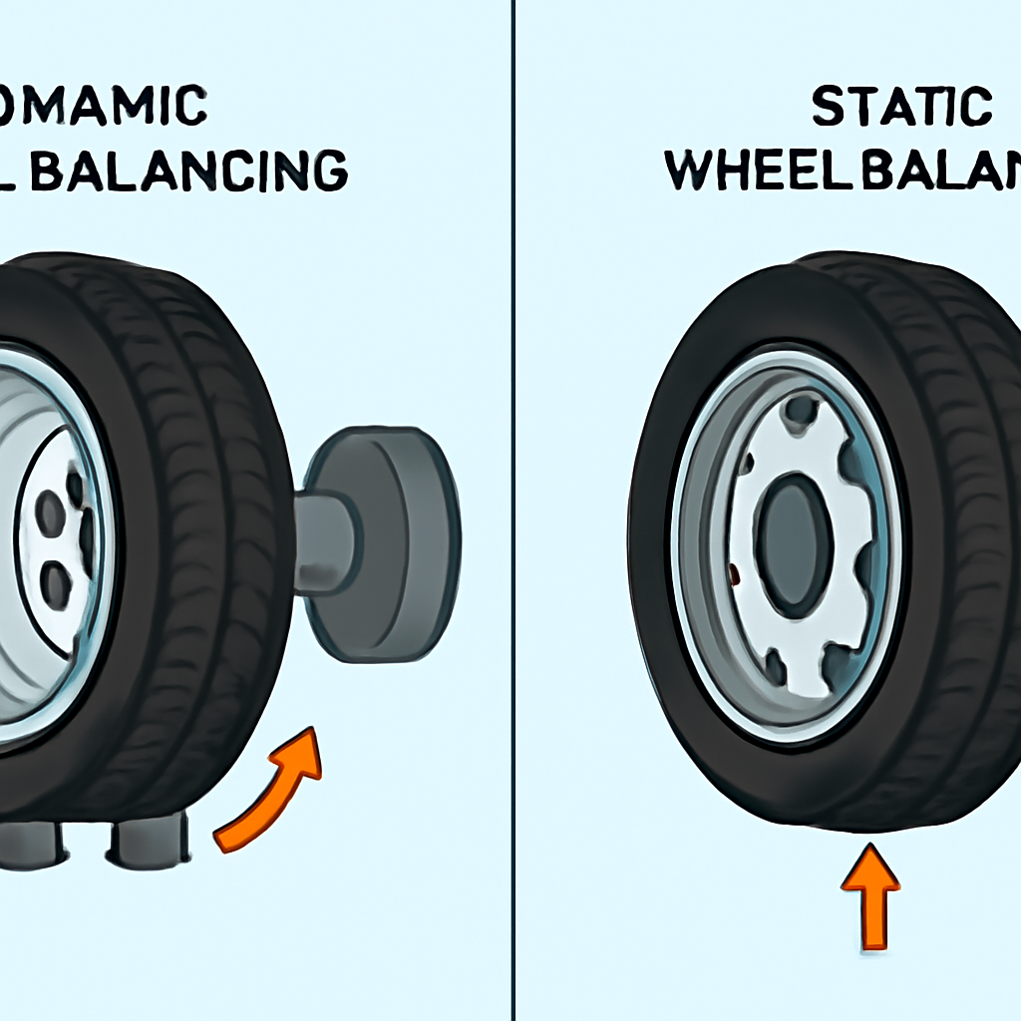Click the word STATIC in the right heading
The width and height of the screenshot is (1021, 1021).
[x=901, y=108]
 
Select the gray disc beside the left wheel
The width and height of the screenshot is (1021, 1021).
[x=389, y=544]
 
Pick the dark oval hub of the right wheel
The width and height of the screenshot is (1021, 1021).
[x=794, y=543]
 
